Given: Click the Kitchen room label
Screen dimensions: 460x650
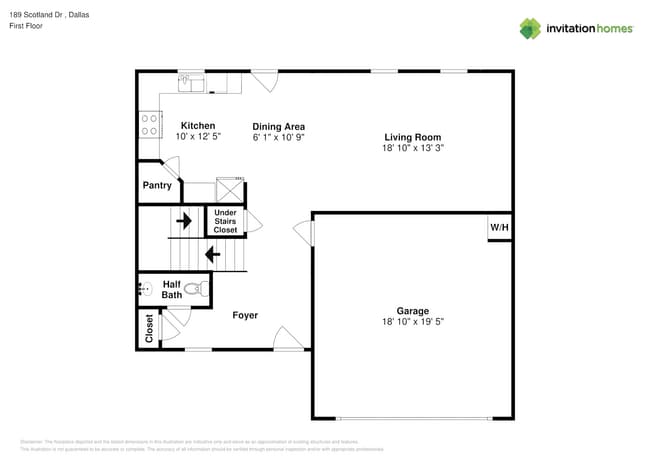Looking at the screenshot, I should tap(197, 125).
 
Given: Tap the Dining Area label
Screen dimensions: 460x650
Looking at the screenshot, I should tap(278, 126).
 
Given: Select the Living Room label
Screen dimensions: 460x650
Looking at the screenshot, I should tap(413, 136).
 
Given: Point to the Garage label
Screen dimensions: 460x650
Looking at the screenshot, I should tap(413, 310).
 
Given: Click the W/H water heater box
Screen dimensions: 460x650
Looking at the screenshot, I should tap(499, 227).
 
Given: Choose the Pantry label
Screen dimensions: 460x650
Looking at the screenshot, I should tap(157, 185).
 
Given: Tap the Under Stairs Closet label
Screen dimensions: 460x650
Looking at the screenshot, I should tap(225, 221).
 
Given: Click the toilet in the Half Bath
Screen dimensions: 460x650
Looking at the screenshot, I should tap(195, 289).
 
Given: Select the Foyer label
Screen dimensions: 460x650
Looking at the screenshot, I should tap(245, 315).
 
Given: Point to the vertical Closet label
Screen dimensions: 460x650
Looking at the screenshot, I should tap(149, 328).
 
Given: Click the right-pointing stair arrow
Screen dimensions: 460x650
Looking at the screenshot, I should tap(185, 219).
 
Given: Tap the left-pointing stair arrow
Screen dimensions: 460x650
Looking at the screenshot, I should tap(212, 254).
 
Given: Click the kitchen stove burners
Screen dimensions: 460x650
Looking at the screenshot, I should tap(149, 124).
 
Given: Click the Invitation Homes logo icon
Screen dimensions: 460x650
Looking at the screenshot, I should tap(530, 28).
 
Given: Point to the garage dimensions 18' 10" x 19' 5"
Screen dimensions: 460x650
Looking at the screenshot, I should tap(413, 322).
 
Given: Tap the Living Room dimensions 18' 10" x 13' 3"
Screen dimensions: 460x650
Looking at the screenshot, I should tap(413, 147).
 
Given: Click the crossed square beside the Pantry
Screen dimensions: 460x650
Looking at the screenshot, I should tap(231, 190).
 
